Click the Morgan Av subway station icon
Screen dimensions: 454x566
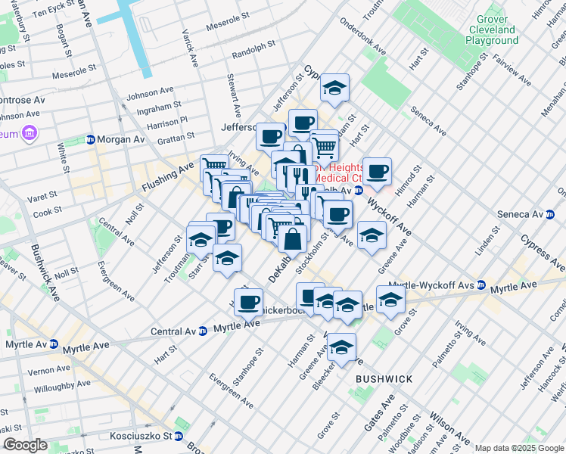pyautogui.click(x=91, y=139)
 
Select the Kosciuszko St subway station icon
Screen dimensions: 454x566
pyautogui.click(x=178, y=436)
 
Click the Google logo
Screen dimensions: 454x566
pyautogui.click(x=25, y=445)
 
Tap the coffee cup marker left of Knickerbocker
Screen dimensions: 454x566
pyautogui.click(x=247, y=303)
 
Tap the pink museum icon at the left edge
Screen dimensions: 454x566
pyautogui.click(x=30, y=134)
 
